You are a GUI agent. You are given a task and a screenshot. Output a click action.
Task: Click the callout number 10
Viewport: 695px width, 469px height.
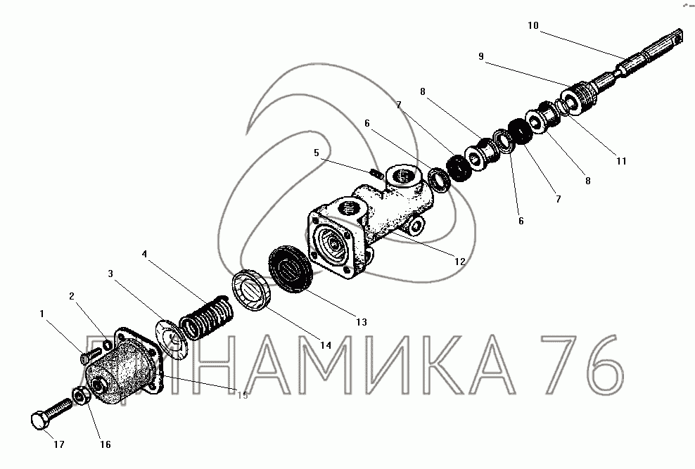click(x=533, y=26)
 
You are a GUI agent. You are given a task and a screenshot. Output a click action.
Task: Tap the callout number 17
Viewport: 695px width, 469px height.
click(x=59, y=444)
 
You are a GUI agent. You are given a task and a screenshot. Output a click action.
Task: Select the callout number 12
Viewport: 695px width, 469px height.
click(x=460, y=262)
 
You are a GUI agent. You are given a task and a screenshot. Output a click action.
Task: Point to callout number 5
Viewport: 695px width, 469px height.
click(x=316, y=153)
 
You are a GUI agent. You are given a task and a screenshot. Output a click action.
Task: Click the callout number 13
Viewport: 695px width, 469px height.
click(x=362, y=322)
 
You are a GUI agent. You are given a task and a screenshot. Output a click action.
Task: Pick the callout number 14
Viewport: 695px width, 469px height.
click(x=326, y=345)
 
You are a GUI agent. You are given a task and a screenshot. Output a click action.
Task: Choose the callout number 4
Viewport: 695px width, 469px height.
click(x=144, y=255)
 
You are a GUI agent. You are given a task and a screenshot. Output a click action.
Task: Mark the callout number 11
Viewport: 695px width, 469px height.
click(x=621, y=161)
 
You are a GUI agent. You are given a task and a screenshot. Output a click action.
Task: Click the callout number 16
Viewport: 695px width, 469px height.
click(x=105, y=444)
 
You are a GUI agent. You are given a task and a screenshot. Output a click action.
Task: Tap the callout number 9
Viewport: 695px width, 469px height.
click(x=481, y=56)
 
